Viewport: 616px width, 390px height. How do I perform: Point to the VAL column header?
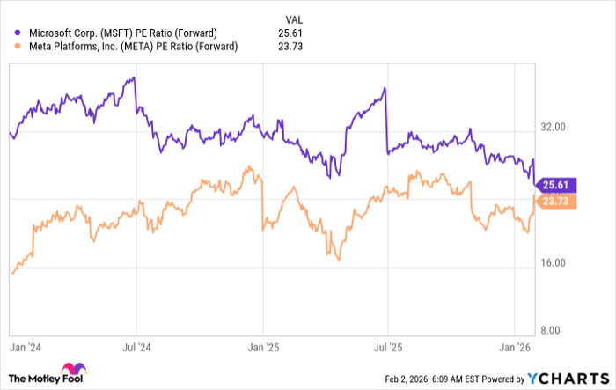[x=294, y=18]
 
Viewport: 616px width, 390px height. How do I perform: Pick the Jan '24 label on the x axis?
[x=26, y=348]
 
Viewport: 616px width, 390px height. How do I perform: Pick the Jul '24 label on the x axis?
[x=136, y=348]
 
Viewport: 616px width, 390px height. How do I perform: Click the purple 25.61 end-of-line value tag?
[x=557, y=185]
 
